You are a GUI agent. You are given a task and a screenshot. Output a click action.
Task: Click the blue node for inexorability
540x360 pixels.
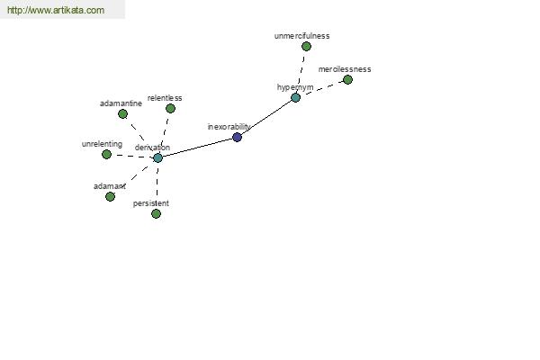tap(237, 137)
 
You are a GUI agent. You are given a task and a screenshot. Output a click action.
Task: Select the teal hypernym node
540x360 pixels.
tap(295, 97)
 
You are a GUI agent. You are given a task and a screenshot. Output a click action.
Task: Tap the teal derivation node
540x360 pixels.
tap(157, 157)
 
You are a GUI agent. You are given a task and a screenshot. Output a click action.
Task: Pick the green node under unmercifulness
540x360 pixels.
tap(306, 46)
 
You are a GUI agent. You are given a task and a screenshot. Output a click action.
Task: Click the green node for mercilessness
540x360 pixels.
tap(347, 79)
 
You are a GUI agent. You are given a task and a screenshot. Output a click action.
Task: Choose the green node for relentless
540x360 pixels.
tap(170, 109)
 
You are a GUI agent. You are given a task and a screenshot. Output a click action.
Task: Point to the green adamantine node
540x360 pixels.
tap(122, 113)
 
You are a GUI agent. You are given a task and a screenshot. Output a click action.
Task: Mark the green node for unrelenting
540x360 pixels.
tap(107, 154)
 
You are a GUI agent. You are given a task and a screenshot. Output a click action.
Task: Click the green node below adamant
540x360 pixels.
tap(110, 197)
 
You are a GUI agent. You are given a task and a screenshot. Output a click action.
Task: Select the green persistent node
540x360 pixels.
tap(156, 214)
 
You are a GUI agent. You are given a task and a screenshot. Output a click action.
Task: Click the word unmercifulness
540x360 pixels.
tap(301, 36)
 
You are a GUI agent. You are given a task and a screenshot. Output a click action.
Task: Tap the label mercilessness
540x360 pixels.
tap(345, 69)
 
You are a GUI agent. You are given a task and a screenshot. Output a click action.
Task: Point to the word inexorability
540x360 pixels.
tap(229, 127)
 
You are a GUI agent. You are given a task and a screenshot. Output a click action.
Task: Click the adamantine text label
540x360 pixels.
tap(121, 103)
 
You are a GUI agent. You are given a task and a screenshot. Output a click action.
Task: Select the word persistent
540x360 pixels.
tap(151, 203)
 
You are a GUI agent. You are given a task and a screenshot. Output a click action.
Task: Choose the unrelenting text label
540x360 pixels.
tap(102, 144)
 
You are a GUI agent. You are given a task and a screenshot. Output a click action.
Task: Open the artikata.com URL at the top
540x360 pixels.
tap(56, 10)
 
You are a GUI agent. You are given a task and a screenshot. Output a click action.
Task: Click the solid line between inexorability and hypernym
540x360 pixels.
tap(266, 118)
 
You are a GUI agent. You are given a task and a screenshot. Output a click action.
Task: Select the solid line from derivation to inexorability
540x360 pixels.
tap(197, 148)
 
